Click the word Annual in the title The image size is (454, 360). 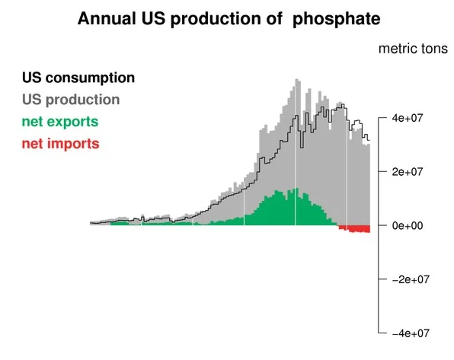pyautogui.click(x=107, y=19)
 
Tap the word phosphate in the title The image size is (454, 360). pyautogui.click(x=337, y=20)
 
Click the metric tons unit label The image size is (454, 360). pyautogui.click(x=413, y=49)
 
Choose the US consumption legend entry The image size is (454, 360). pyautogui.click(x=78, y=78)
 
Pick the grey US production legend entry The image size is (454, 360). pyautogui.click(x=71, y=100)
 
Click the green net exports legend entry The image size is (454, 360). pyautogui.click(x=60, y=122)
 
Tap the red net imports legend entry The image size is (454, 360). pyautogui.click(x=61, y=144)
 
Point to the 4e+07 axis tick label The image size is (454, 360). pyautogui.click(x=408, y=118)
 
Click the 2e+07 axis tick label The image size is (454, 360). pyautogui.click(x=408, y=172)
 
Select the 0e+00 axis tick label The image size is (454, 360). pyautogui.click(x=408, y=225)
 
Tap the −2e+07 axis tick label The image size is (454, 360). pyautogui.click(x=411, y=279)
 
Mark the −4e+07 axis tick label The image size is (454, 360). pyautogui.click(x=411, y=333)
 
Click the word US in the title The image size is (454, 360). pyautogui.click(x=153, y=19)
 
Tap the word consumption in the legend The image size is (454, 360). pyautogui.click(x=90, y=78)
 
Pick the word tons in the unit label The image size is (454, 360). pyautogui.click(x=433, y=49)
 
